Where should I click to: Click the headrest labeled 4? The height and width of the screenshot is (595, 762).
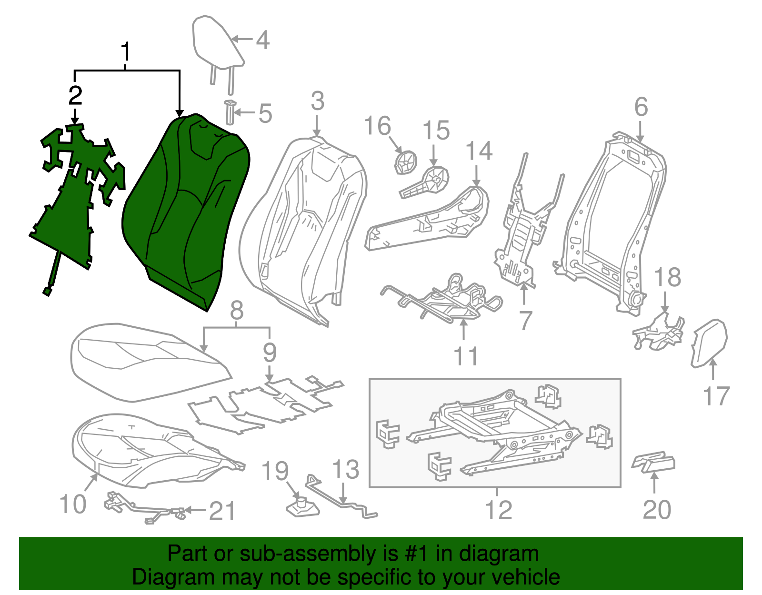(x=217, y=43)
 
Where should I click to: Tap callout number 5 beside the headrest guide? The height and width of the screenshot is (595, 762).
(x=265, y=114)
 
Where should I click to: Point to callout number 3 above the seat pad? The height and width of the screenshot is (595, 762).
(x=318, y=101)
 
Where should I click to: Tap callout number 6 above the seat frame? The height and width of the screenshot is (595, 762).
(x=641, y=107)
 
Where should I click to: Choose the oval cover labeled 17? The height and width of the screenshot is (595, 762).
(x=709, y=343)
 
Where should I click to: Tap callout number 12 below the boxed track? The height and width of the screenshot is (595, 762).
(x=498, y=510)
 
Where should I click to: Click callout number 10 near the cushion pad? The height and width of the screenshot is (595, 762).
(x=73, y=504)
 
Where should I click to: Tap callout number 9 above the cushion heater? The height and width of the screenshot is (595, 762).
(x=270, y=353)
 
